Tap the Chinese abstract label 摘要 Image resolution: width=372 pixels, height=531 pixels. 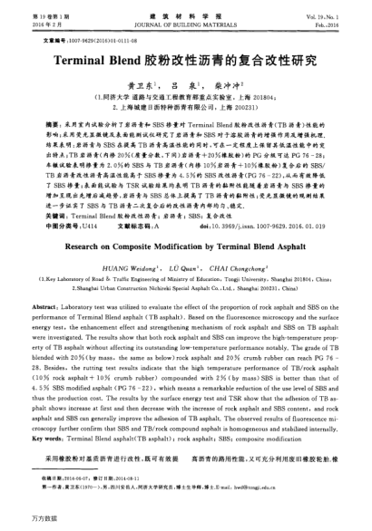(54, 120)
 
